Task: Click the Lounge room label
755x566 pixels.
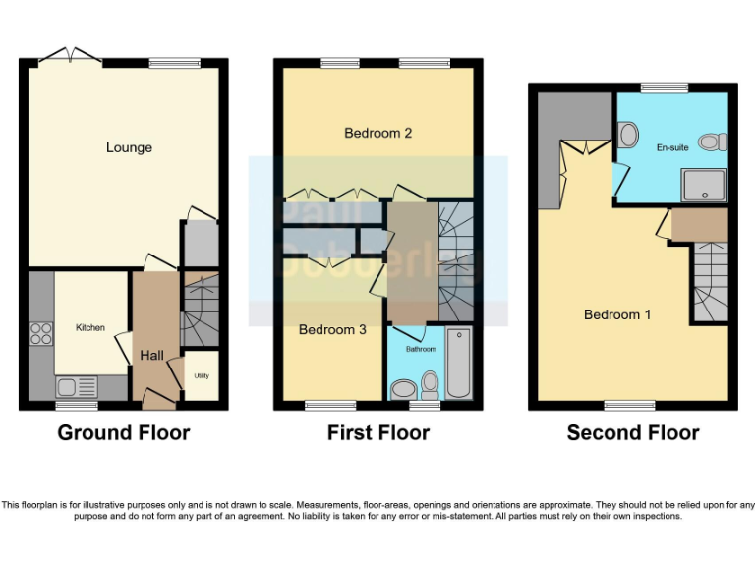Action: pyautogui.click(x=129, y=148)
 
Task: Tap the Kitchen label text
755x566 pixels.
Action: pyautogui.click(x=90, y=327)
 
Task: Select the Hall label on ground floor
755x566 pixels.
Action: pyautogui.click(x=152, y=355)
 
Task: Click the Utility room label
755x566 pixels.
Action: pyautogui.click(x=202, y=375)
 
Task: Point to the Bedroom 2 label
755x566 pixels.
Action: pyautogui.click(x=377, y=133)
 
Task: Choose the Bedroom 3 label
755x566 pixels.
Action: pyautogui.click(x=332, y=330)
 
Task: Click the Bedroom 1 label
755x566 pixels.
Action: pyautogui.click(x=617, y=314)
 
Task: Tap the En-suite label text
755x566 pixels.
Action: pyautogui.click(x=672, y=147)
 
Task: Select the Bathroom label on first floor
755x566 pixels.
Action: pyautogui.click(x=421, y=349)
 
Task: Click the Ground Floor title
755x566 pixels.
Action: pyautogui.click(x=124, y=432)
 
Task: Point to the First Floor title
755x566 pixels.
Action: pyautogui.click(x=378, y=432)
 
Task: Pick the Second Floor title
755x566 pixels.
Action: pyautogui.click(x=633, y=432)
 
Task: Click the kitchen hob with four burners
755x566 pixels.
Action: pyautogui.click(x=41, y=334)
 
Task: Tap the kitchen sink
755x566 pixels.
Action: pyautogui.click(x=75, y=386)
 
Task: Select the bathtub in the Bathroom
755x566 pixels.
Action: pyautogui.click(x=459, y=364)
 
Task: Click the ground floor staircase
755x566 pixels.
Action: pyautogui.click(x=202, y=310)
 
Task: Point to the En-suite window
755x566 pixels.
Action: pyautogui.click(x=666, y=88)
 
